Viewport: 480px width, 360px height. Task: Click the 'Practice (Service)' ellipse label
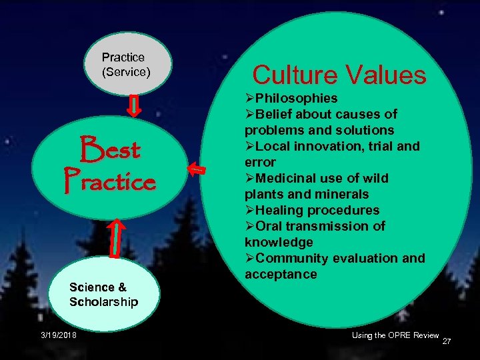(126, 64)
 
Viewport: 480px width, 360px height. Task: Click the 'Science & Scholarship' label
(103, 295)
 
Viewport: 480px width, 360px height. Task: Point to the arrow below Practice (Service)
(133, 105)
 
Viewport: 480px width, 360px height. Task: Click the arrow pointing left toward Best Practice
(196, 169)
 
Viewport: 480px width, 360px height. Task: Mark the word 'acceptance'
(281, 274)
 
